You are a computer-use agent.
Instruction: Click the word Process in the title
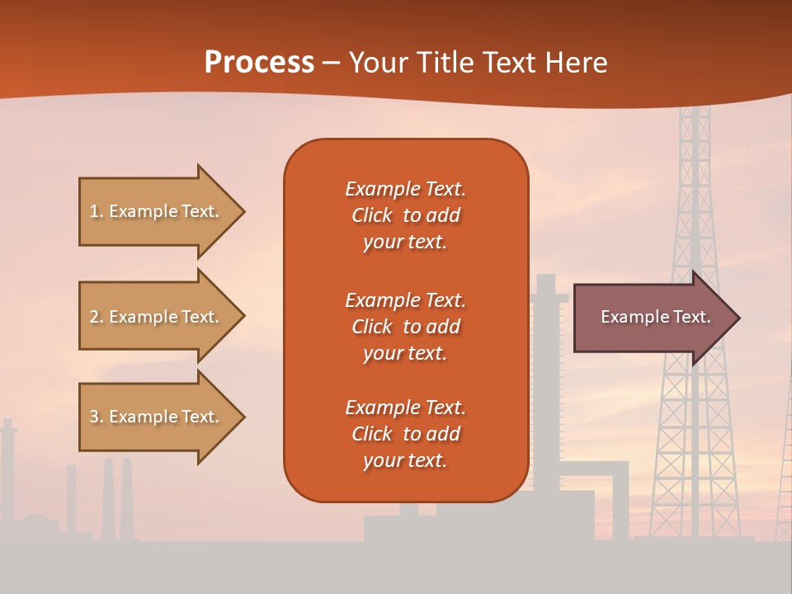click(x=259, y=63)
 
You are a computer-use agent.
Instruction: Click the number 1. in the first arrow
click(x=97, y=211)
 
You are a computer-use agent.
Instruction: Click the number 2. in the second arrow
click(x=97, y=317)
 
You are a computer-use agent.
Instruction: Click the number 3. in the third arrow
click(x=97, y=417)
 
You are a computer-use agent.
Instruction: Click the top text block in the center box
click(x=405, y=215)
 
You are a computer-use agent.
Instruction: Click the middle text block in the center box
click(x=405, y=327)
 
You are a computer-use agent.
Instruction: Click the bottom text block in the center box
click(x=405, y=434)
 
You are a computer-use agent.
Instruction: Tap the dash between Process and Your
click(x=332, y=64)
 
